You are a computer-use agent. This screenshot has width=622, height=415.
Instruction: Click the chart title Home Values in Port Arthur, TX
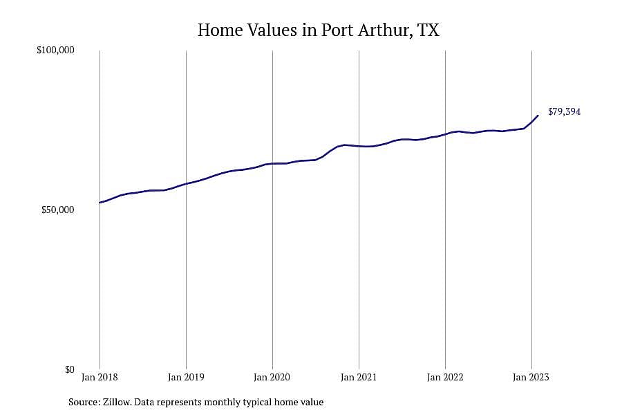point(318,30)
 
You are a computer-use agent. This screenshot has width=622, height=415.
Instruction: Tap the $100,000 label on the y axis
point(55,50)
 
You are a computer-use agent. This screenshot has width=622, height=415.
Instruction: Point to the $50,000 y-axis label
point(58,210)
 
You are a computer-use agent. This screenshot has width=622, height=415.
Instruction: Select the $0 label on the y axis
point(69,369)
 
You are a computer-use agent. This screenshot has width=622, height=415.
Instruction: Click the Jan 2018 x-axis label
point(100,377)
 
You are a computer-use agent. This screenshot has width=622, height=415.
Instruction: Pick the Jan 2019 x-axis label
point(186,377)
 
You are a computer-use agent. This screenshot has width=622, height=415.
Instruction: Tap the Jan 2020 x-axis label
point(272,377)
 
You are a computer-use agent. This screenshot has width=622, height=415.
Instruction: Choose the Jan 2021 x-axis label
point(359,377)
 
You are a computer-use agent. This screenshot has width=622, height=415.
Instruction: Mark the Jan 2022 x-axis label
point(445,377)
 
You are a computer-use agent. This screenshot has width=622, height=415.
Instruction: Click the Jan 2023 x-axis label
point(531,377)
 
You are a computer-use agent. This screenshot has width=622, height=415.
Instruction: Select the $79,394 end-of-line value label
point(564,111)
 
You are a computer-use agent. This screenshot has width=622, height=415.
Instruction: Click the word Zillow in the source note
point(117,402)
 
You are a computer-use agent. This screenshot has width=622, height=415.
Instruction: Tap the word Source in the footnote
point(84,402)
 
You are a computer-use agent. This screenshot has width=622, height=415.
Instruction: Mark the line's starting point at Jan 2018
point(100,203)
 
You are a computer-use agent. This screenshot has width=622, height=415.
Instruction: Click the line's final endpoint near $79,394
point(538,116)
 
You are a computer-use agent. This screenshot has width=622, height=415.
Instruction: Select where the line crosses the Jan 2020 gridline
point(272,164)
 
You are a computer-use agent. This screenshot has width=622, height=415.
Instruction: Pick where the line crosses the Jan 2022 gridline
point(446,134)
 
